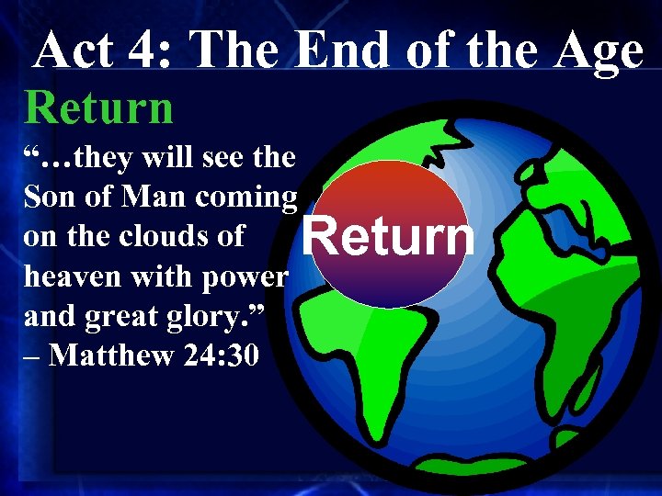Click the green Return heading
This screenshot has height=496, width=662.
click(98, 107)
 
